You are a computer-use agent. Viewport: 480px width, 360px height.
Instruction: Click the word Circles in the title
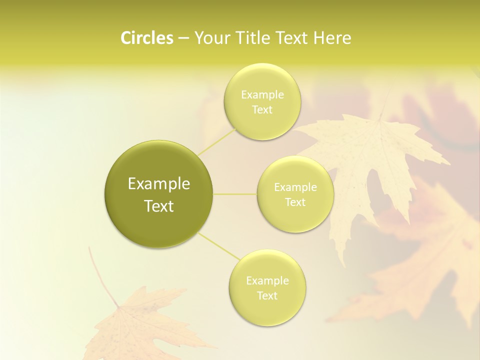pos(146,38)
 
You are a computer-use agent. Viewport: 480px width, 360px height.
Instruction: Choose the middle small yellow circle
pos(295,220)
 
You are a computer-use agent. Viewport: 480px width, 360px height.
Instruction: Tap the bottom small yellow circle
pos(267,312)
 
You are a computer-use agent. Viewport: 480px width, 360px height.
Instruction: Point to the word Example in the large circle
pos(159,184)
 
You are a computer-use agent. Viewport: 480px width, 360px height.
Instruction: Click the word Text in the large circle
pos(159,206)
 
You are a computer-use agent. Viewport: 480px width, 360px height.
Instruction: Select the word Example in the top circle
pos(262,95)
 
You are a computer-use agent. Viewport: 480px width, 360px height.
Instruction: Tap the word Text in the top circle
pos(262,110)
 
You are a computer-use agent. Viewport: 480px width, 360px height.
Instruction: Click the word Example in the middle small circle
pos(295,187)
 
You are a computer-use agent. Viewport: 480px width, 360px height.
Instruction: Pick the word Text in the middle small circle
pos(295,202)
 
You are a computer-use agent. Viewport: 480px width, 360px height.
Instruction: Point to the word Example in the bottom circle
pos(267,281)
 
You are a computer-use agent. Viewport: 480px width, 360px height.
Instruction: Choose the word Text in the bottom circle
pos(267,296)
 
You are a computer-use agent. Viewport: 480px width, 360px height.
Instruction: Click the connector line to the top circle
pos(217,141)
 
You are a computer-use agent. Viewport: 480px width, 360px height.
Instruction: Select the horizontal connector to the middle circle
pos(234,194)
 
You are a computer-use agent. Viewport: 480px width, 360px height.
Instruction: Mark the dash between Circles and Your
pos(183,38)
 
